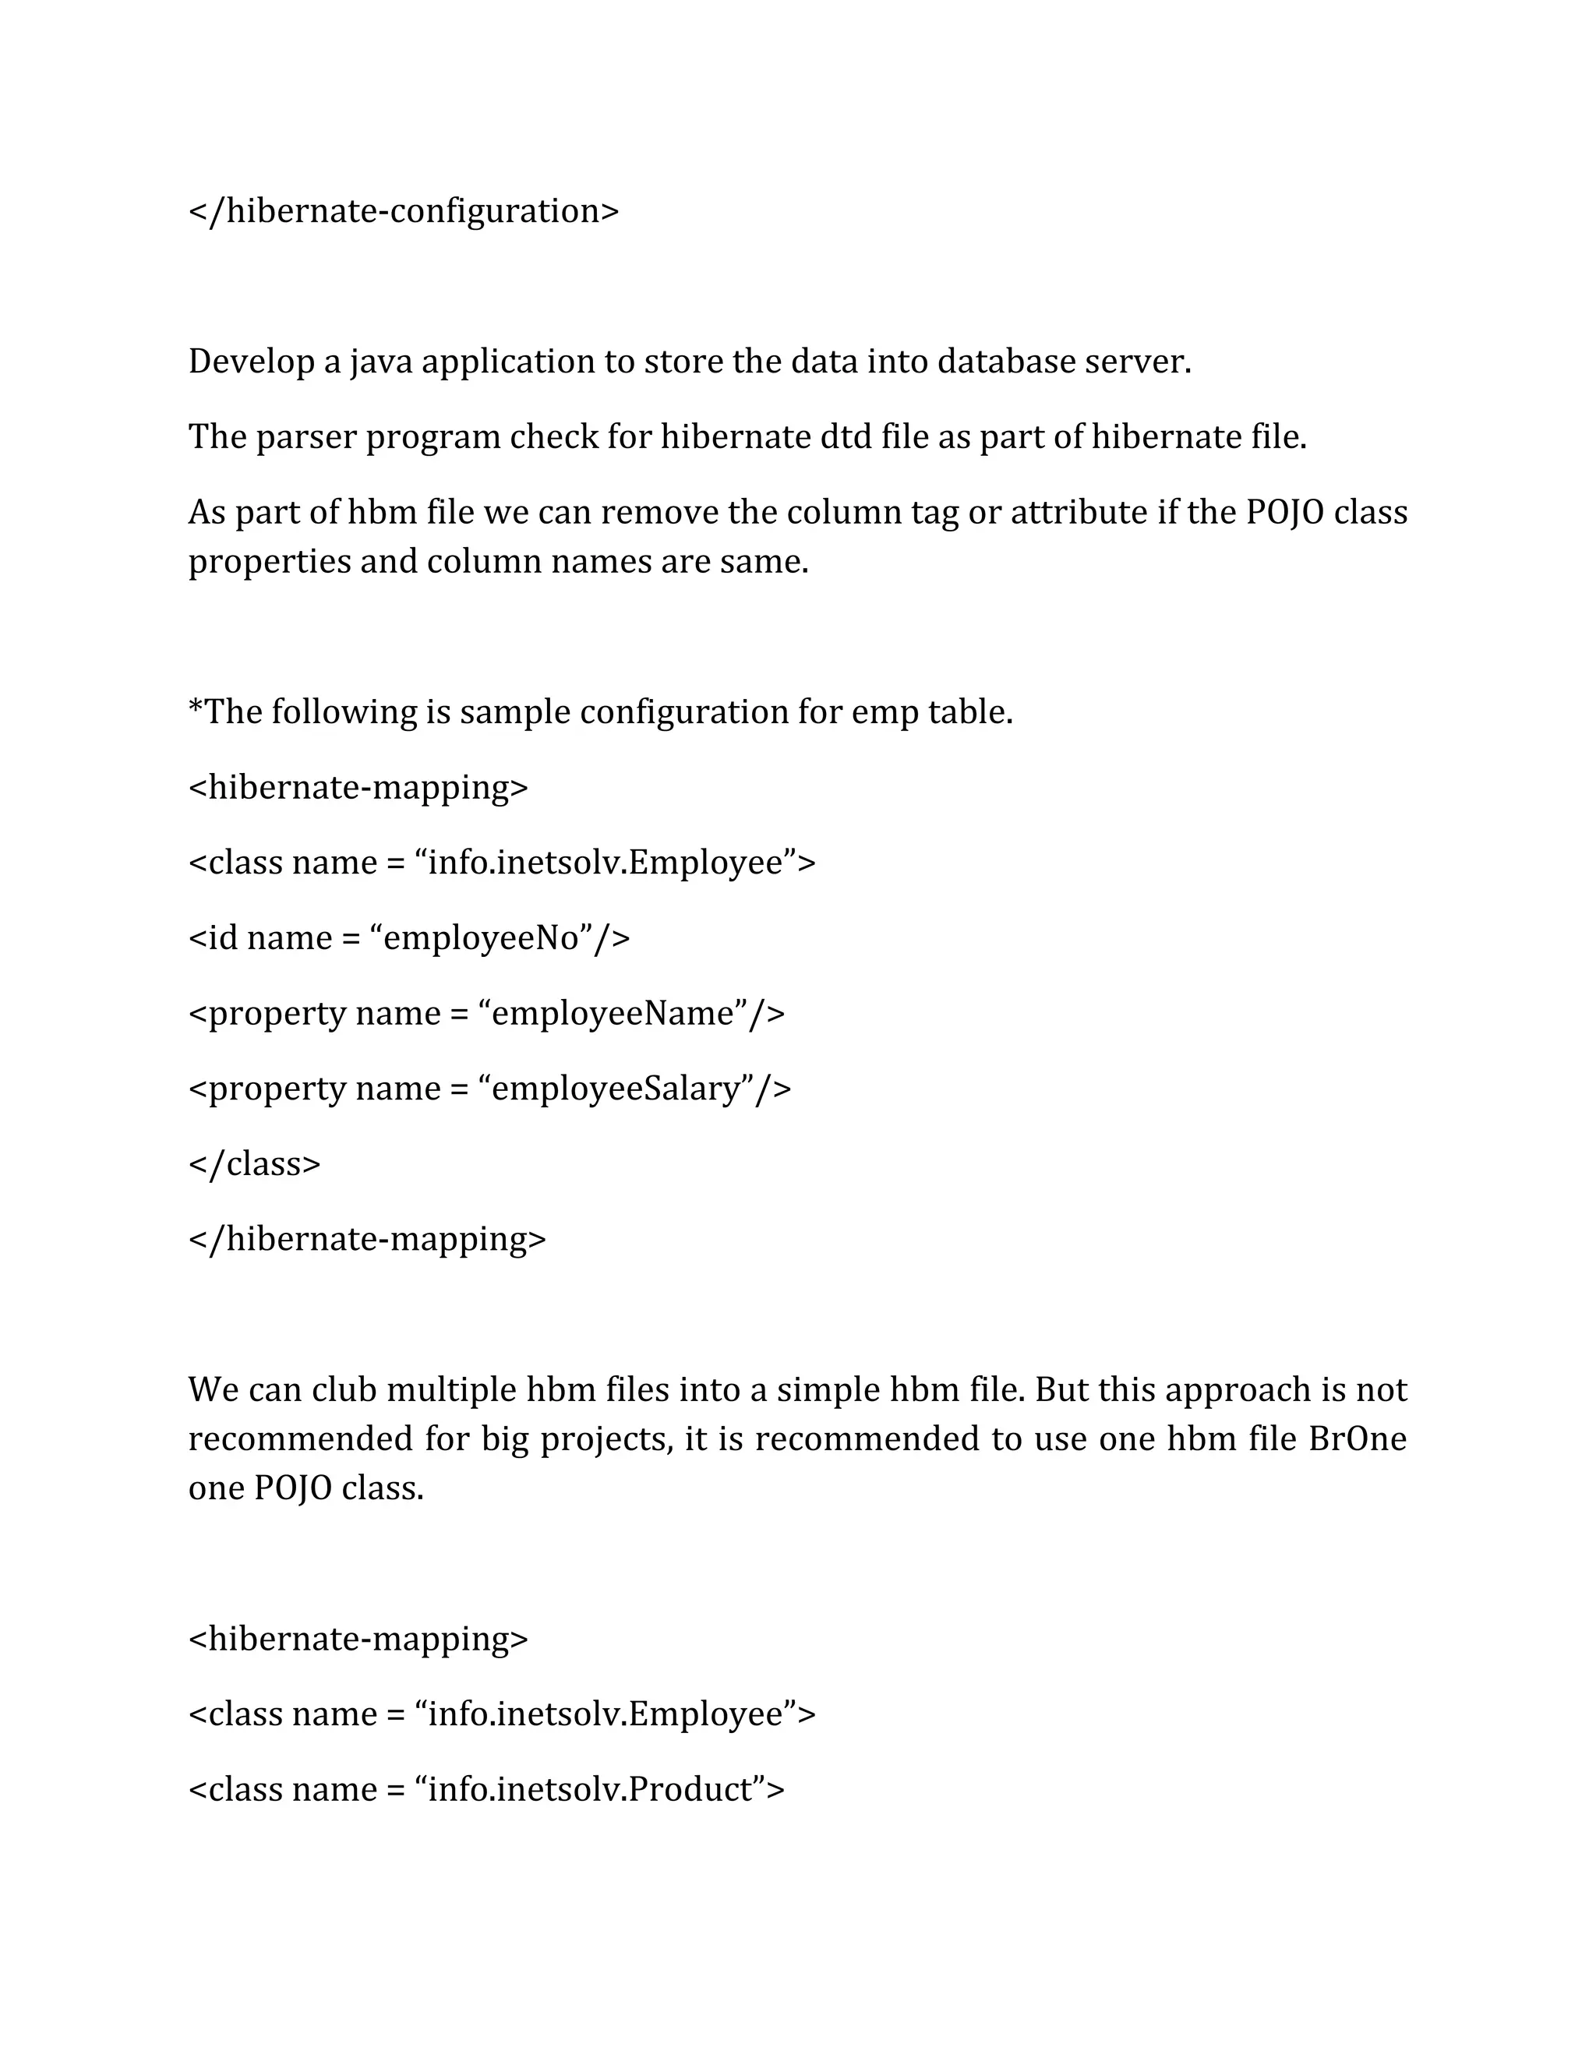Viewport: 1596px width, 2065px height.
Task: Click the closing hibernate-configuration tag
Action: [x=404, y=211]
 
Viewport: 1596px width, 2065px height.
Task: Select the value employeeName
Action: [x=613, y=1014]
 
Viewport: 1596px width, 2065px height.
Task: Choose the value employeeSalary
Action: [x=616, y=1089]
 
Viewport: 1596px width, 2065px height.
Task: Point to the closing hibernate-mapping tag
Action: [x=367, y=1240]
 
